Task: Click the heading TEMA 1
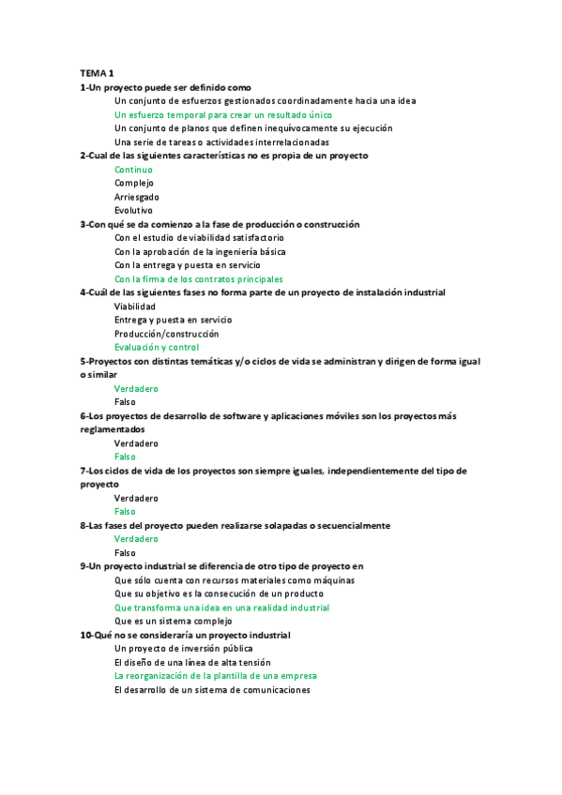click(x=97, y=73)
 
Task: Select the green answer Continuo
click(x=133, y=170)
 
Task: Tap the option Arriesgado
click(x=137, y=197)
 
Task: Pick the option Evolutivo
click(x=133, y=211)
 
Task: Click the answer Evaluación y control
click(x=157, y=347)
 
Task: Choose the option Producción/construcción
click(x=166, y=334)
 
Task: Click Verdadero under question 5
click(x=136, y=388)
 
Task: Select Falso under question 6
click(x=125, y=457)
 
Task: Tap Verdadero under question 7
click(x=136, y=498)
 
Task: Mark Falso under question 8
click(x=125, y=553)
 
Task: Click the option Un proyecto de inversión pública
click(x=183, y=648)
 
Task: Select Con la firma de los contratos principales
click(x=198, y=279)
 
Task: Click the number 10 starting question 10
click(x=85, y=635)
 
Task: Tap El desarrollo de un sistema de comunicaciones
click(x=211, y=689)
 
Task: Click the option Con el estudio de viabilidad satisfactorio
click(x=200, y=238)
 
